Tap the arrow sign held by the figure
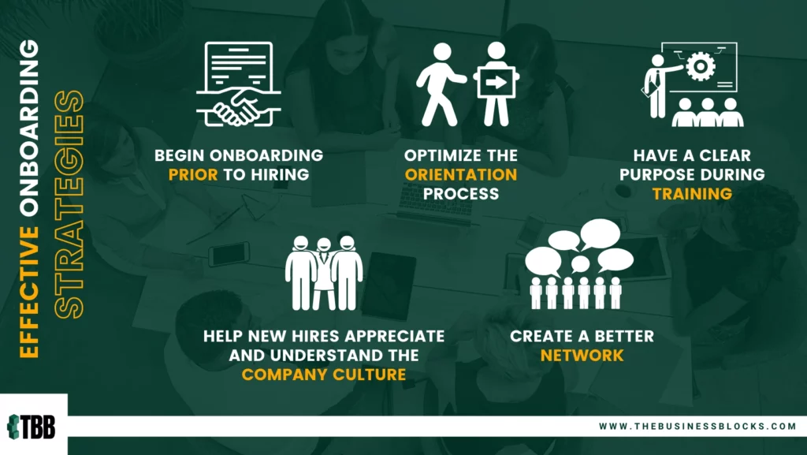(496, 82)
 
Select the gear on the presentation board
(701, 66)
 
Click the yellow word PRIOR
(193, 174)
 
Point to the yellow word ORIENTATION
(460, 174)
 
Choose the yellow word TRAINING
(692, 193)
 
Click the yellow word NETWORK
(582, 355)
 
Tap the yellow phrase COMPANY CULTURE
(324, 375)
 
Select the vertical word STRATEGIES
(69, 204)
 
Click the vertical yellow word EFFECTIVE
(29, 293)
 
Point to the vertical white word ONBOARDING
(29, 131)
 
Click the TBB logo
(32, 427)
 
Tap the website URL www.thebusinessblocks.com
(697, 426)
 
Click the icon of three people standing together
(324, 273)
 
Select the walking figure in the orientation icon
(440, 84)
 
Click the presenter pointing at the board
(659, 85)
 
